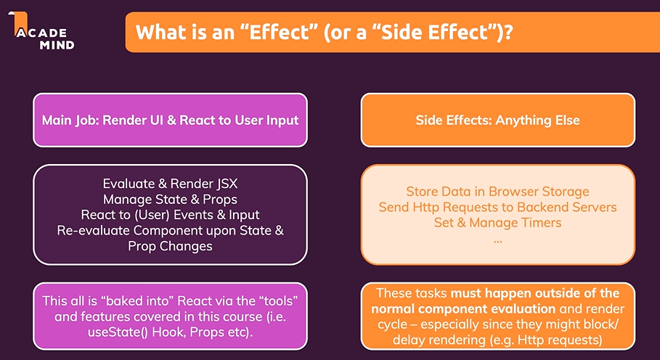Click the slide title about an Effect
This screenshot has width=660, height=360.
323,33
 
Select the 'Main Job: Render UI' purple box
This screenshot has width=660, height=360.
170,120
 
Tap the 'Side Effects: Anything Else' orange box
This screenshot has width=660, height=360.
497,120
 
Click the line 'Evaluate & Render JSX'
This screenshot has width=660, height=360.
170,184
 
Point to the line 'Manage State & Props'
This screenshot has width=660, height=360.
170,199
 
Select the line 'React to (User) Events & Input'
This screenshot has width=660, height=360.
170,215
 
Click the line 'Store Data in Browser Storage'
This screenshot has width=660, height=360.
497,192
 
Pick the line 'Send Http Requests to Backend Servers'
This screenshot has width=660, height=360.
497,208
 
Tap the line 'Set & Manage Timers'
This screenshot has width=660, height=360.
497,223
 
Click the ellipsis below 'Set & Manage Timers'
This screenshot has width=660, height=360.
497,238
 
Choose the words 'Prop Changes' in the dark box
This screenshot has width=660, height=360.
170,246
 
